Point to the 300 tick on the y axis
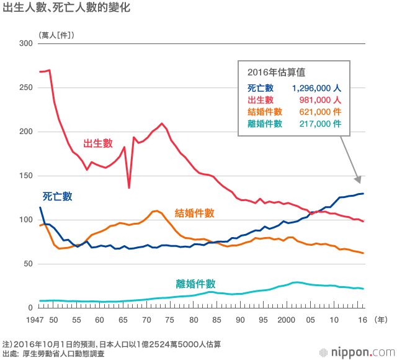point(25,43)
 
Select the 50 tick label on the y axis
point(28,264)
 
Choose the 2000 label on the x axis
point(285,320)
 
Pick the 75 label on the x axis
point(170,320)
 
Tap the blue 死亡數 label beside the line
point(58,196)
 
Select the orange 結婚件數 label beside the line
point(195,213)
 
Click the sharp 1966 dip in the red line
point(129,187)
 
